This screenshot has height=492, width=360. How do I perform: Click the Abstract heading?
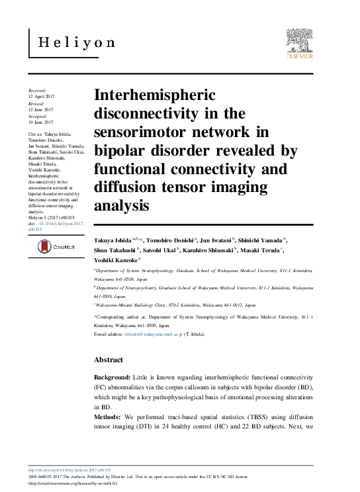[x=108, y=360]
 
